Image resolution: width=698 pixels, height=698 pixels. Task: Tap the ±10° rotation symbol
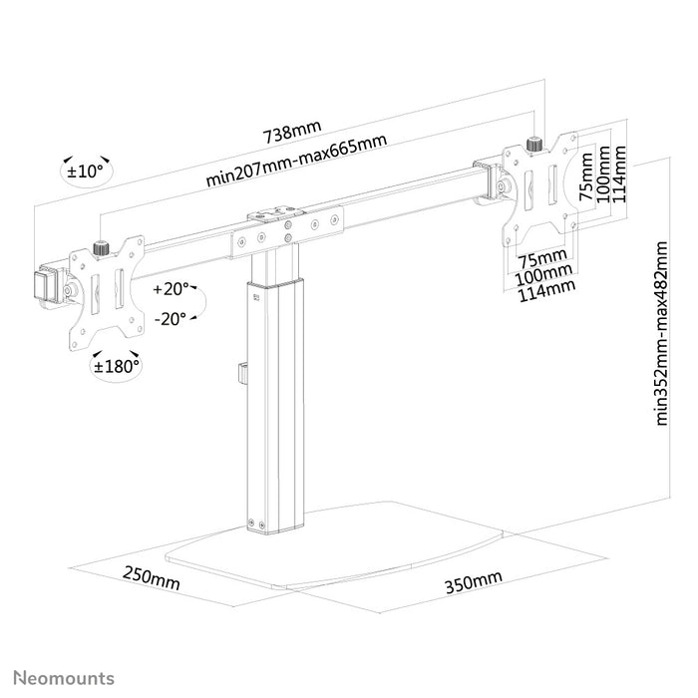[85, 171]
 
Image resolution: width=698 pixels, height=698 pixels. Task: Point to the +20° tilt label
[172, 289]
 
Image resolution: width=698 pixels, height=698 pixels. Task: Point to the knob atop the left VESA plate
[100, 246]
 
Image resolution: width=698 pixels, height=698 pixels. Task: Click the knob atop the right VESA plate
[534, 143]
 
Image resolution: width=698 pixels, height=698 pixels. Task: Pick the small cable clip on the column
[240, 374]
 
